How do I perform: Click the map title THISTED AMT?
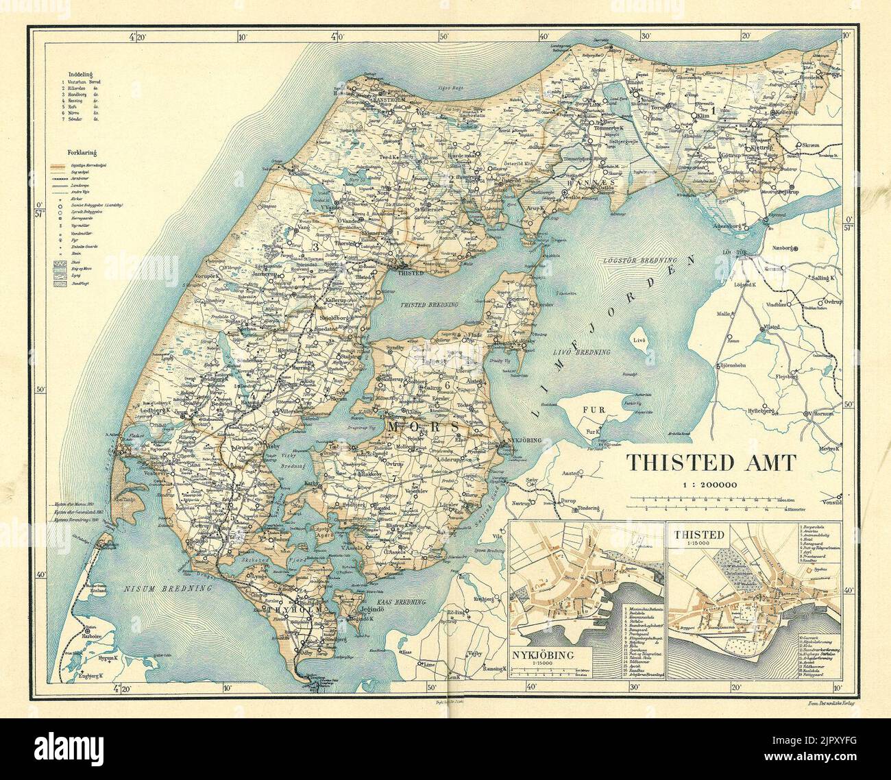tap(710, 463)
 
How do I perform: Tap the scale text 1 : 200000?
tap(709, 485)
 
